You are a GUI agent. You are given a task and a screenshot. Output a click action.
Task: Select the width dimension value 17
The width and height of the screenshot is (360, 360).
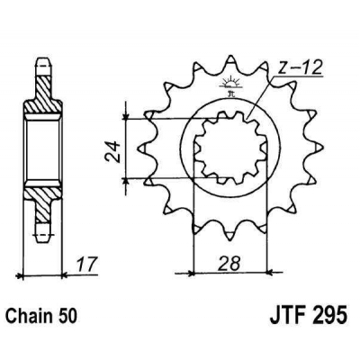(x=85, y=266)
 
